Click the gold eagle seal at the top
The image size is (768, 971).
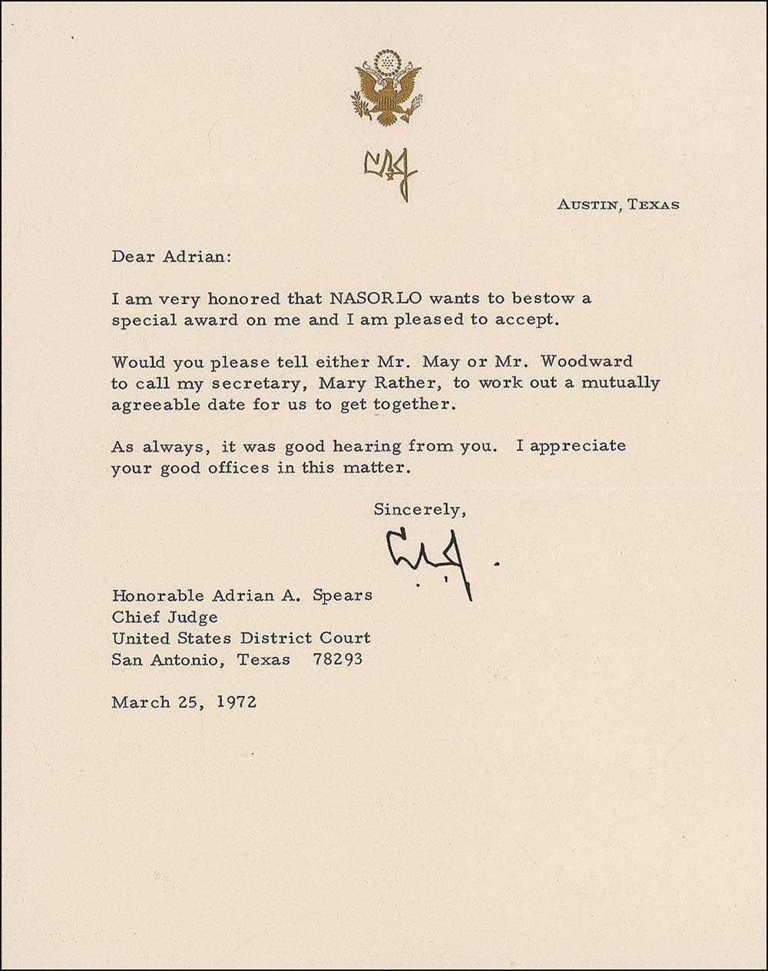[386, 88]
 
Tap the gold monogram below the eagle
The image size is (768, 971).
[389, 170]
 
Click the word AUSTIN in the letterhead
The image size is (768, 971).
[588, 204]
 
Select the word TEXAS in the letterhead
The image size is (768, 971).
[654, 204]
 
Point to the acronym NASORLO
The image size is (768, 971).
[371, 298]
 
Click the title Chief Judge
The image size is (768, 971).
[164, 617]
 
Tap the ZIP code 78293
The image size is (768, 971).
[337, 659]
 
